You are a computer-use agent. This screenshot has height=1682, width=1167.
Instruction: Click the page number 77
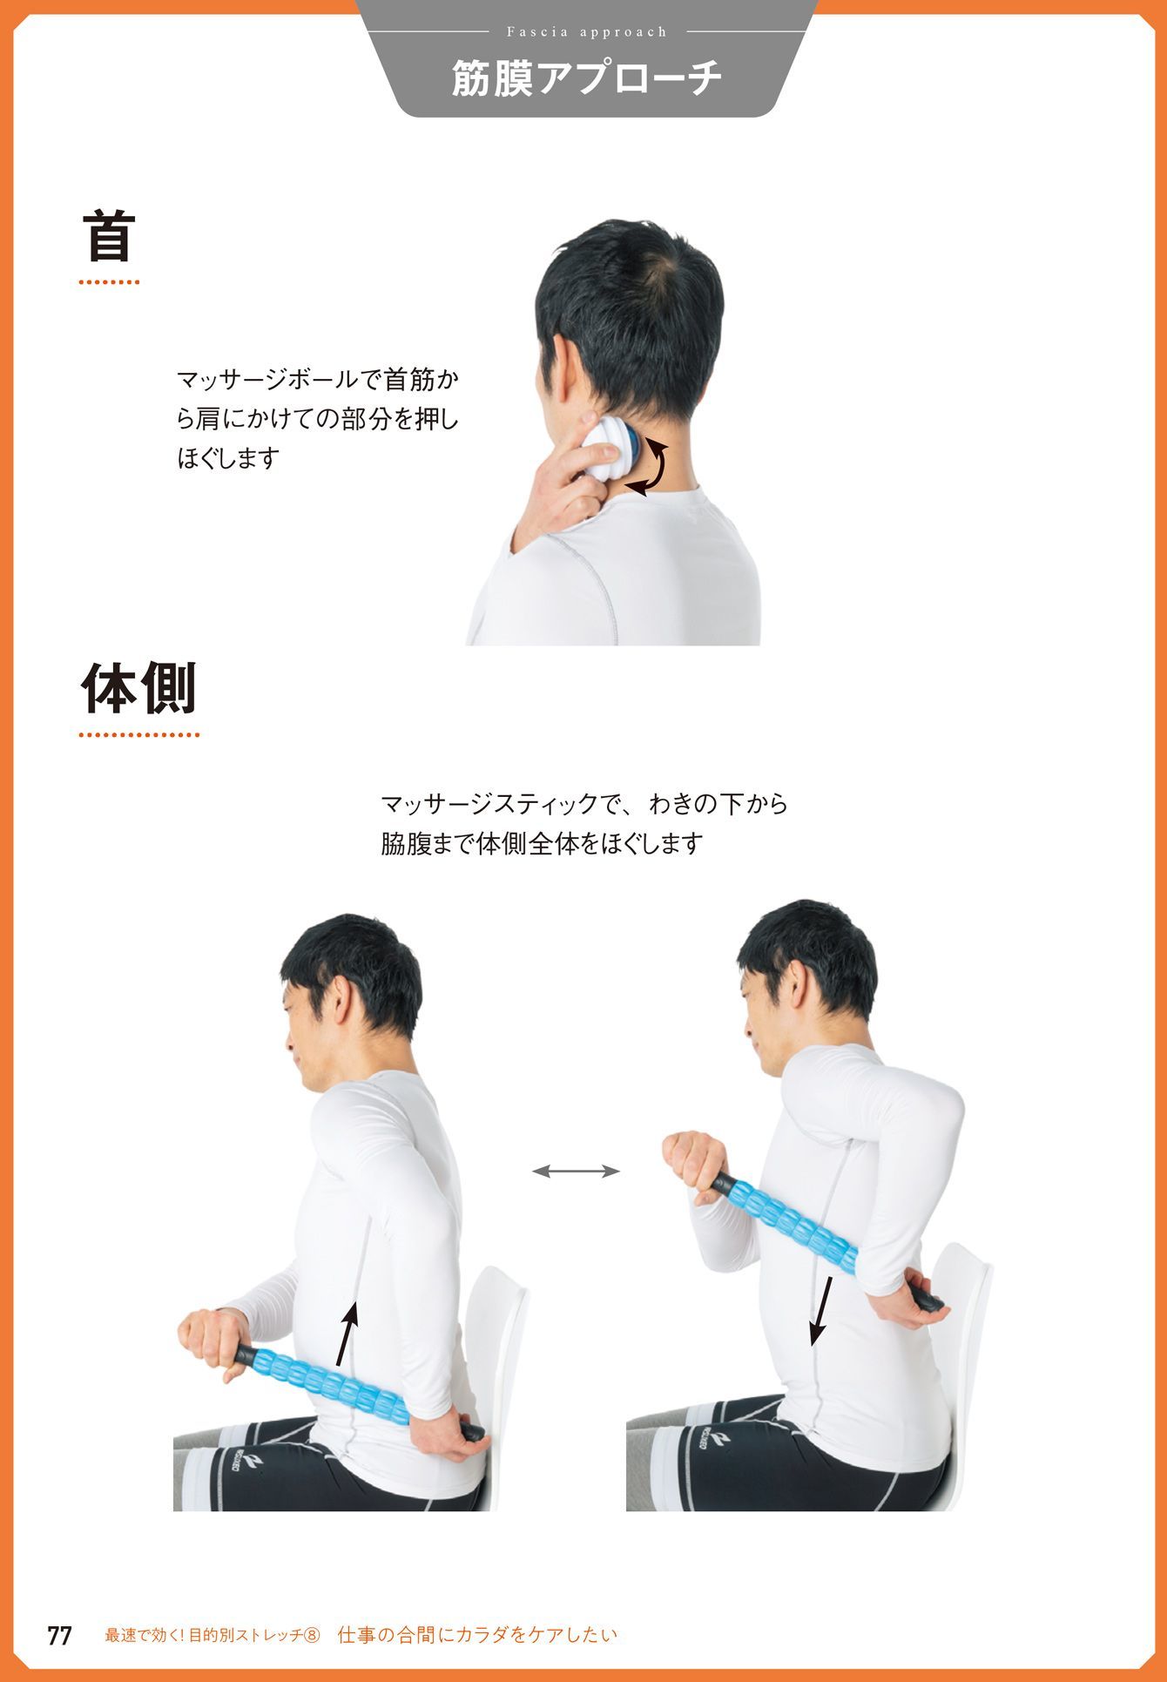[x=59, y=1635]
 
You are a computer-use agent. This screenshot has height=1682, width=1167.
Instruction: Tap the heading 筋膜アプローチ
[x=587, y=79]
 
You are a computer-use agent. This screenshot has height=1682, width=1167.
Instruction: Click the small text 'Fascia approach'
[x=587, y=32]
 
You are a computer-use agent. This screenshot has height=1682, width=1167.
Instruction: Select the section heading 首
[x=109, y=237]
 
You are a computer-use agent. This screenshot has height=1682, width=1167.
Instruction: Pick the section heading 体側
[x=139, y=687]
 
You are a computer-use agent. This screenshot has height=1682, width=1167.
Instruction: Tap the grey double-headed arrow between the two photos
[x=576, y=1172]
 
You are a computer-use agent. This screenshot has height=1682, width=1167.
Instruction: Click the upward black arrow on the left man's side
[x=347, y=1333]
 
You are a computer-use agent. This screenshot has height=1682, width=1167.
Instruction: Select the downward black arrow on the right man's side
[x=820, y=1311]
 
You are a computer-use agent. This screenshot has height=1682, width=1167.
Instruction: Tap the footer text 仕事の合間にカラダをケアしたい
[x=477, y=1635]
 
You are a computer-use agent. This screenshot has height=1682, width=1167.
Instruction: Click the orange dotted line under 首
[x=109, y=282]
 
